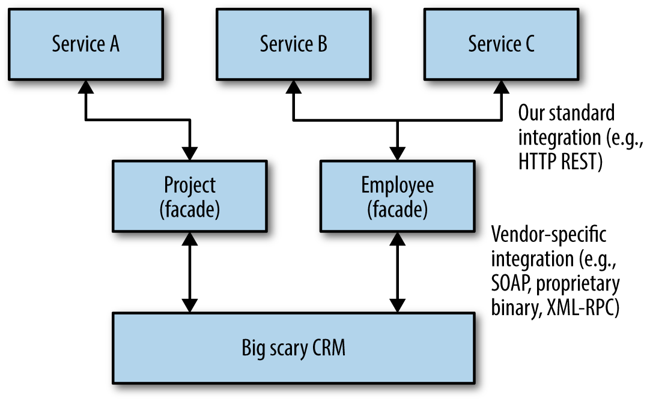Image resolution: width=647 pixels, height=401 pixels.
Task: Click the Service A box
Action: (86, 44)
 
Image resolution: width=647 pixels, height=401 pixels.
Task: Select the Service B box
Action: (294, 44)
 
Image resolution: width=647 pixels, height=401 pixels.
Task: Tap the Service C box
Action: (501, 44)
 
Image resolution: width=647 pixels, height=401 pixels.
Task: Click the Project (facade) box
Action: (189, 196)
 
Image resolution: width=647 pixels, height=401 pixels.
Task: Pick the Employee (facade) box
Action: (396, 196)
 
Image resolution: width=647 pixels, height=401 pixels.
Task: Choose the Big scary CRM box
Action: (294, 348)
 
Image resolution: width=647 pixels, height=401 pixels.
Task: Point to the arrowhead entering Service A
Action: (86, 86)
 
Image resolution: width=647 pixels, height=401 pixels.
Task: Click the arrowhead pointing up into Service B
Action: (294, 86)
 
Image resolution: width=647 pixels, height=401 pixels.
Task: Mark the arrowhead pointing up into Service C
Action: (501, 86)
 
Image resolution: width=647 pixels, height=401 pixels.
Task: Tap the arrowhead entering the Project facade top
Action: (189, 154)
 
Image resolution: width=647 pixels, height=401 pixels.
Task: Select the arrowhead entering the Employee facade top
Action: (396, 154)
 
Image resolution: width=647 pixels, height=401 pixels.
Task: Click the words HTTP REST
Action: (560, 163)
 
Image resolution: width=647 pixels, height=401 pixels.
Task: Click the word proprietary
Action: (582, 284)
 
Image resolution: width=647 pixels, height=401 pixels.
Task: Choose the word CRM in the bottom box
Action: (327, 348)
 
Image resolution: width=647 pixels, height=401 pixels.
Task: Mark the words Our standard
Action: (558, 112)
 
